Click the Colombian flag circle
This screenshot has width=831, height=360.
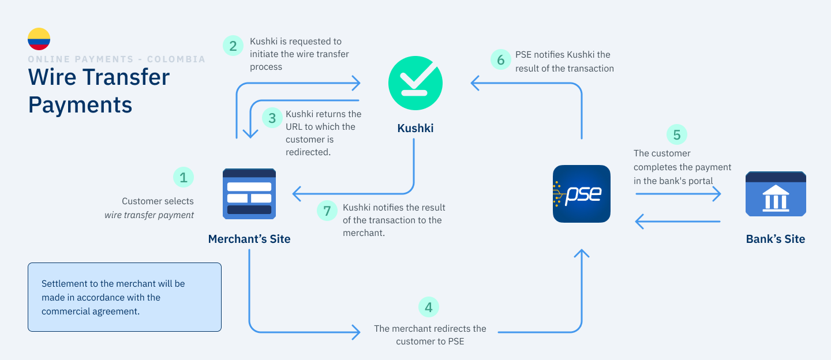39,39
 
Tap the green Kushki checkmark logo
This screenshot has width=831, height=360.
415,83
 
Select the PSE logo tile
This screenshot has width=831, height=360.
581,194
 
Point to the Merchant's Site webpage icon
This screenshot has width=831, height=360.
249,194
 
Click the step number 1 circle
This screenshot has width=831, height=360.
184,177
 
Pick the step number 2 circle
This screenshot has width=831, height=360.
233,46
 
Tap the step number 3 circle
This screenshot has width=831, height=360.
272,118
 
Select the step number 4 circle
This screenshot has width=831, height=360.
428,307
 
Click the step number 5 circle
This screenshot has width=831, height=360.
677,134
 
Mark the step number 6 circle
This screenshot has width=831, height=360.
501,59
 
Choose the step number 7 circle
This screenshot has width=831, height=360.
327,211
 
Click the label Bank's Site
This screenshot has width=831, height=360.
776,239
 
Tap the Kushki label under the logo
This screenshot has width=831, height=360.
415,128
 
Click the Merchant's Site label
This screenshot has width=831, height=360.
249,239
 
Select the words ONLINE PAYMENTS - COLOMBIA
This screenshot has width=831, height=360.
117,59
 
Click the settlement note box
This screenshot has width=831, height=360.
125,297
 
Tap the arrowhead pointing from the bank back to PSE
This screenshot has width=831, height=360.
639,222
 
